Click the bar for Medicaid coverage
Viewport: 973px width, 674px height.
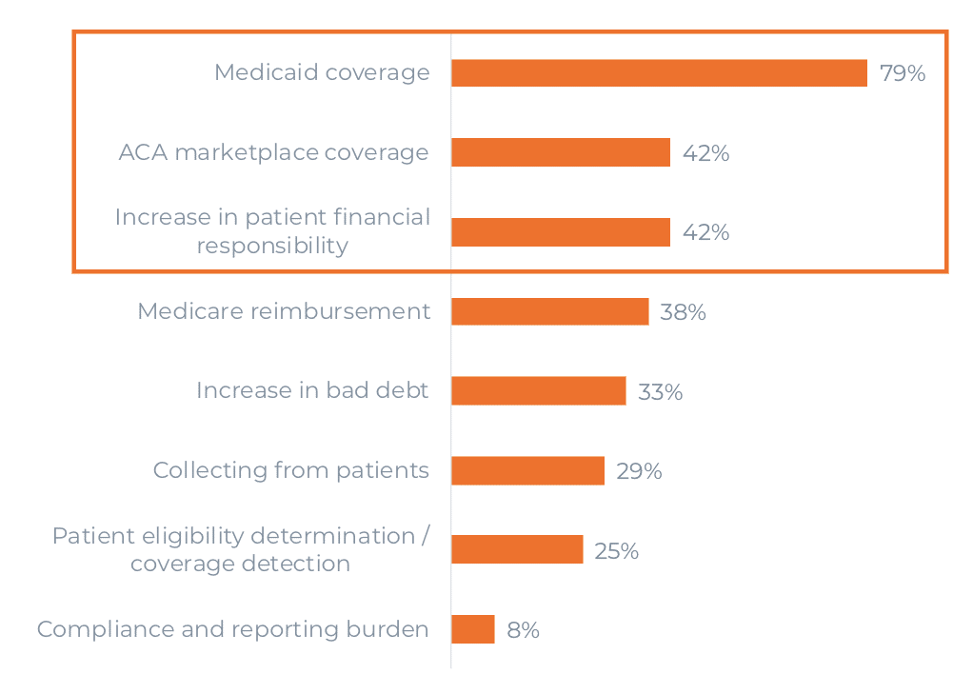(659, 73)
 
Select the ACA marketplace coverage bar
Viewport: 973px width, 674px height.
(561, 152)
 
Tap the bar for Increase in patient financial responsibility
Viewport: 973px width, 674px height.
(561, 232)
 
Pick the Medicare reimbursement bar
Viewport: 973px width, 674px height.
(549, 311)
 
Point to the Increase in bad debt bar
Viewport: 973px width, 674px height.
(538, 391)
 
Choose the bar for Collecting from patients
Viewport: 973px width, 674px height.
(527, 470)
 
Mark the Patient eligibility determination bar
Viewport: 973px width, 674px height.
(517, 549)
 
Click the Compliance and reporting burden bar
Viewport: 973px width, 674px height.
(472, 629)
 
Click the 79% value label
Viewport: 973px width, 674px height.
(903, 73)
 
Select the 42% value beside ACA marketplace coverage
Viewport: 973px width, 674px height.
(705, 153)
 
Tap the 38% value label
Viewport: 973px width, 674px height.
(683, 312)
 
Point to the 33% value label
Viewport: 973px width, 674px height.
(660, 391)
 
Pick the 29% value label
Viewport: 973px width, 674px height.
(639, 471)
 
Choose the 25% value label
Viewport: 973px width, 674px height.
(616, 550)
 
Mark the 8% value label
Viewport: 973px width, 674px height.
(523, 629)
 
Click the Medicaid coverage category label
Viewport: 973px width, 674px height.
(322, 72)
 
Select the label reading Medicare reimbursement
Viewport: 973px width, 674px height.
(284, 311)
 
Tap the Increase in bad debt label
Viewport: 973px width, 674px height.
(312, 390)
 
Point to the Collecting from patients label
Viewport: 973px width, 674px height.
(290, 470)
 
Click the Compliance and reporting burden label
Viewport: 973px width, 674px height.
(232, 629)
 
